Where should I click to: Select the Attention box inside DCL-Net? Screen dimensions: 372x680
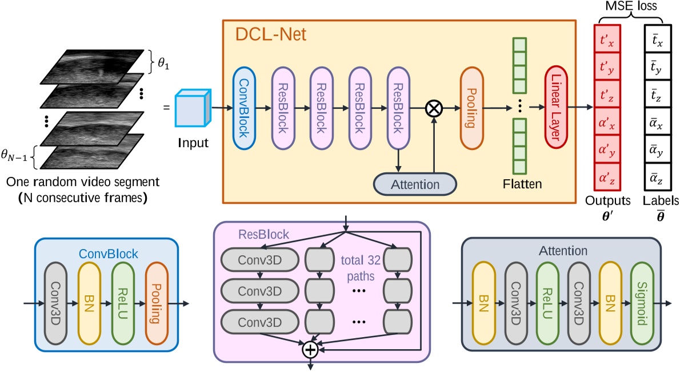tap(415, 185)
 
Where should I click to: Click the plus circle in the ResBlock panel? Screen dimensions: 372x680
tap(309, 349)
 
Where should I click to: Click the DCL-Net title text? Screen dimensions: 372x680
tap(271, 35)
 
